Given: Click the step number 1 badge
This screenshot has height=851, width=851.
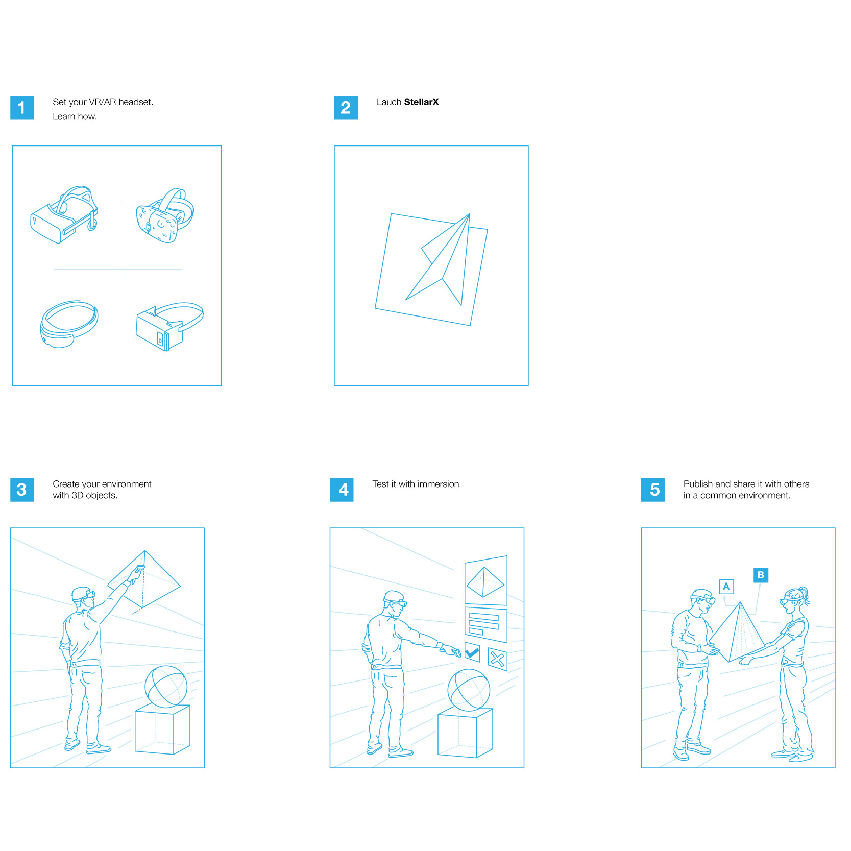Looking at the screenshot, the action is coord(22,108).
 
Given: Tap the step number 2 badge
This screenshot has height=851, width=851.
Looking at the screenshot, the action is coord(346,108).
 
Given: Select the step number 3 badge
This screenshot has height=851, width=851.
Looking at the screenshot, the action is coord(22,490).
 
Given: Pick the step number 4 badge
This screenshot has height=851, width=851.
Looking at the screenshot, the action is coord(342,490).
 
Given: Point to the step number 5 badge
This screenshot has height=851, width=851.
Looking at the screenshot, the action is coord(653,490).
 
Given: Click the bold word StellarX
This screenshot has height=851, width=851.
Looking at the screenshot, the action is coord(421,102).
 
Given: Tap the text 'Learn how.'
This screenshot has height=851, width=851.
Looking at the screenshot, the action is coord(75,116).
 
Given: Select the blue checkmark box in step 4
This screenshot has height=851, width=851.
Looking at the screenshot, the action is coord(472,652).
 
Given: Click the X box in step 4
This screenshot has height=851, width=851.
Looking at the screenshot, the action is coord(497,659).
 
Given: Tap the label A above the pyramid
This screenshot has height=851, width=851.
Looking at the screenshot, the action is coord(726,587).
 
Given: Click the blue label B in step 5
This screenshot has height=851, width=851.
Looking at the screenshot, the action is coord(761,575).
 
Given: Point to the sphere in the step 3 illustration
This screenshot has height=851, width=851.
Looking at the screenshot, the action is coord(166,687).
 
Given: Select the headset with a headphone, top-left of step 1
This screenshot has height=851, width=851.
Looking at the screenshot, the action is coord(64,215).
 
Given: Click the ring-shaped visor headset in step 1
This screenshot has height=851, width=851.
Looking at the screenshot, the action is coord(69,324).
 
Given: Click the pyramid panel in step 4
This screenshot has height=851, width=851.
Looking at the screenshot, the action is coord(485,580).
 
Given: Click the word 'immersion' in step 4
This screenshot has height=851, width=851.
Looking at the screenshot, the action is coord(438,484).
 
